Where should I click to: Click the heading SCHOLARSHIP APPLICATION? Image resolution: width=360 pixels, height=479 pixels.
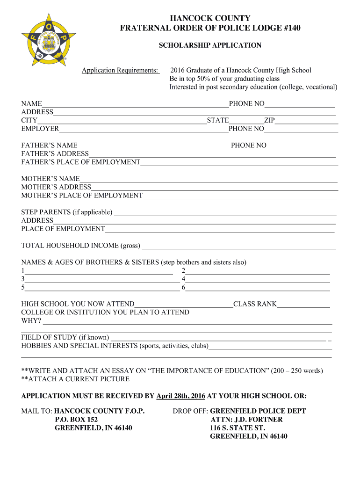click(210, 45)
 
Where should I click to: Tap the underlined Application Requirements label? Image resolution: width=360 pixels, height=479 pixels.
click(120, 71)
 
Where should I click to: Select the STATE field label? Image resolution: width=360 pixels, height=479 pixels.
click(218, 120)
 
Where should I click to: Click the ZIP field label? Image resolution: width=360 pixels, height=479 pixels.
click(269, 120)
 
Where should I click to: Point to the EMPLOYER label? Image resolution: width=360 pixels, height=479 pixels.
click(40, 129)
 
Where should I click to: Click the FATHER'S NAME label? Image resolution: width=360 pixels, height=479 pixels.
click(49, 145)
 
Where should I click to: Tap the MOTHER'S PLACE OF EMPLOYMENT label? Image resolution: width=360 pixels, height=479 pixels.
click(82, 196)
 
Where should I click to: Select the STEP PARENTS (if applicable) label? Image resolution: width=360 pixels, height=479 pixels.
click(67, 212)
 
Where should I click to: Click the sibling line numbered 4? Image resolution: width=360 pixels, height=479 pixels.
click(258, 279)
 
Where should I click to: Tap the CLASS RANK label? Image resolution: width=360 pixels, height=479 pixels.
click(255, 304)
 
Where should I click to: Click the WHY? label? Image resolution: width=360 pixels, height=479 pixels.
click(31, 321)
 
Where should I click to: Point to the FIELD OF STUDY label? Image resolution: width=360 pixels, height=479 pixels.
click(65, 337)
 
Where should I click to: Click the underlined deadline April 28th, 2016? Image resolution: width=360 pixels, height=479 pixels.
click(181, 396)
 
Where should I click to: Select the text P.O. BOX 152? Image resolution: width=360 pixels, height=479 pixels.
click(76, 420)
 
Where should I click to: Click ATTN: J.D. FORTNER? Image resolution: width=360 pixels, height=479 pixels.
click(246, 420)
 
